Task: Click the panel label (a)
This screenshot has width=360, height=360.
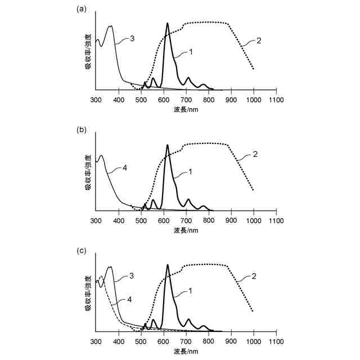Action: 82,8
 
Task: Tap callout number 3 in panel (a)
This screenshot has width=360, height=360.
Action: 132,38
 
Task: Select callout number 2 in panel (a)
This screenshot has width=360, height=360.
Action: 259,40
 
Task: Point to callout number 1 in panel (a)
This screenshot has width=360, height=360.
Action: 191,52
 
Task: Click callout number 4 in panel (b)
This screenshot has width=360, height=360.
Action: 124,167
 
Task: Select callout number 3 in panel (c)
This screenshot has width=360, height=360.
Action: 131,276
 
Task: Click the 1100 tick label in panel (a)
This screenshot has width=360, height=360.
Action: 276,100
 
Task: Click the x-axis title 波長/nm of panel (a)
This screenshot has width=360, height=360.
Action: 186,109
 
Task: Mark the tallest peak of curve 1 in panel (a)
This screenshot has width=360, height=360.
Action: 167,24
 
